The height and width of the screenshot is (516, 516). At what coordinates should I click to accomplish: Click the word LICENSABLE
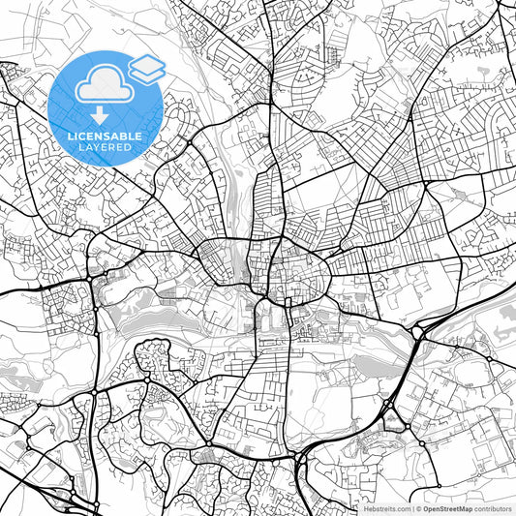pyautogui.click(x=106, y=137)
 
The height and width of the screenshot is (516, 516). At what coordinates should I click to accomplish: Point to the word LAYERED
pyautogui.click(x=106, y=149)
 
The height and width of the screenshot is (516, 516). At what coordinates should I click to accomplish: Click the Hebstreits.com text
pyautogui.click(x=387, y=507)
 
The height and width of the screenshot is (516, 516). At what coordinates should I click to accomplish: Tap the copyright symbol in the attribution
pyautogui.click(x=418, y=507)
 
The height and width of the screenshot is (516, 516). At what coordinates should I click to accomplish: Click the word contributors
pyautogui.click(x=493, y=507)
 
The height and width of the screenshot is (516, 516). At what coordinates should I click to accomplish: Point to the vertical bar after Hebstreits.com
pyautogui.click(x=411, y=507)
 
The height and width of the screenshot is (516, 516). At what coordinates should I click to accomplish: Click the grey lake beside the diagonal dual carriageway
pyautogui.click(x=379, y=365)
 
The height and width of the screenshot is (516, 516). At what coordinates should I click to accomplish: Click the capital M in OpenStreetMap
pyautogui.click(x=464, y=507)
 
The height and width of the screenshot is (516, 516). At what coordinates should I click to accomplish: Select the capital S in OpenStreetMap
pyautogui.click(x=444, y=507)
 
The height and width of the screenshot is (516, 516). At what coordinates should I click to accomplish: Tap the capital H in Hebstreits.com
pyautogui.click(x=366, y=507)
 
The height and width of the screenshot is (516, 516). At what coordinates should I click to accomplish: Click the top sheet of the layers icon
pyautogui.click(x=147, y=63)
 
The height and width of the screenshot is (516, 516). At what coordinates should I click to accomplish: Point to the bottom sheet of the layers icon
pyautogui.click(x=147, y=75)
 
